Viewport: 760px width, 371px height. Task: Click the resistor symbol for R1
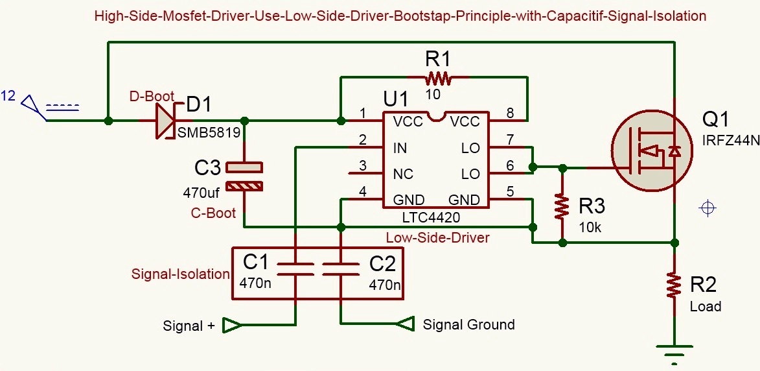438,79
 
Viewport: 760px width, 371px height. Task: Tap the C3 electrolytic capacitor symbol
244,177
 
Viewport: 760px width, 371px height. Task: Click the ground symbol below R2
674,353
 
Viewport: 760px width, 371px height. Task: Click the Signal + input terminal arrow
231,325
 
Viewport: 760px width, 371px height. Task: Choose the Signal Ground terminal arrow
404,324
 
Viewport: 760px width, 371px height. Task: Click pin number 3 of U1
363,166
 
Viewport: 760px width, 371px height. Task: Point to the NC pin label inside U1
403,174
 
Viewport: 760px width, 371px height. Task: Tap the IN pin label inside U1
400,148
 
